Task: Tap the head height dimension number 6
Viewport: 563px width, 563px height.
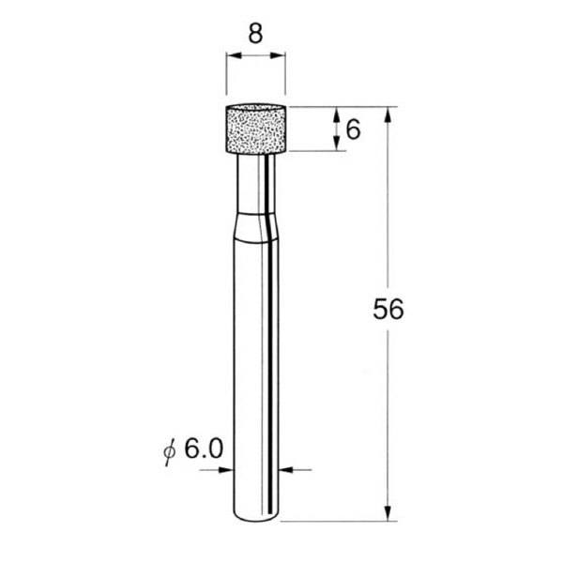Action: click(353, 129)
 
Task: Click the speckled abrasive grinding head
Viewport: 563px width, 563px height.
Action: click(255, 129)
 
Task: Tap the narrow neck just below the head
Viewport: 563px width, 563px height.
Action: click(255, 183)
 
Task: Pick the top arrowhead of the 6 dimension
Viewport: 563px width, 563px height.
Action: click(336, 112)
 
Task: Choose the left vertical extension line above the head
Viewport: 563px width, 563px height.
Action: click(225, 80)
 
